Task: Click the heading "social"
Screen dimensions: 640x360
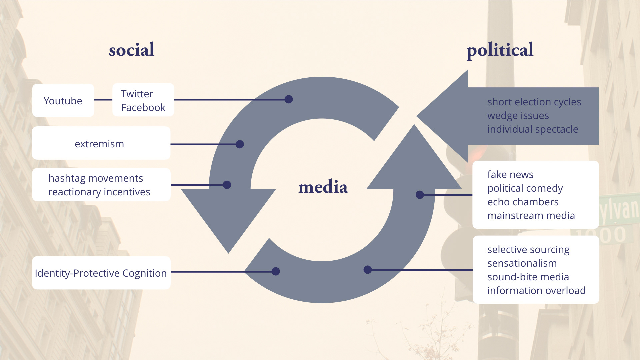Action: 132,50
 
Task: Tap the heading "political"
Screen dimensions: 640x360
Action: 500,50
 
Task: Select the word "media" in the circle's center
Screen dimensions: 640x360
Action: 323,187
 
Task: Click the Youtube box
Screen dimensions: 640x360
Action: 63,100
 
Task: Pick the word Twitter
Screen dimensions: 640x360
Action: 137,94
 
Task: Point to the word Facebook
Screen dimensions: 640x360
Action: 143,108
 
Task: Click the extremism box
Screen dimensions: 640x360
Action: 101,143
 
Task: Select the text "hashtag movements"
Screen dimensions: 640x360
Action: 96,178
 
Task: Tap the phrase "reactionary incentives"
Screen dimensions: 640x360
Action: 99,192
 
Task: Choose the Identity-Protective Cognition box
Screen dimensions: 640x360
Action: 101,273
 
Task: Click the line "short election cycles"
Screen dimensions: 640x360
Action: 534,102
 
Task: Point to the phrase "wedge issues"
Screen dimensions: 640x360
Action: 518,116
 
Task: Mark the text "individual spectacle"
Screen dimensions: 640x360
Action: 533,129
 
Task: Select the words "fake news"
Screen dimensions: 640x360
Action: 510,175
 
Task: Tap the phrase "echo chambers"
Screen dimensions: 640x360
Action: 523,202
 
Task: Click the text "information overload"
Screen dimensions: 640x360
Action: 536,291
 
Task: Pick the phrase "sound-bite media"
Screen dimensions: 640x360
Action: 528,277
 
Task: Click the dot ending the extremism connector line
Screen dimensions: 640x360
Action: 240,144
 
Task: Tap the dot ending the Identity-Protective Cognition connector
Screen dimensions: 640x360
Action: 276,271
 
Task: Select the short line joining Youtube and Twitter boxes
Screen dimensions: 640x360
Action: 103,100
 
